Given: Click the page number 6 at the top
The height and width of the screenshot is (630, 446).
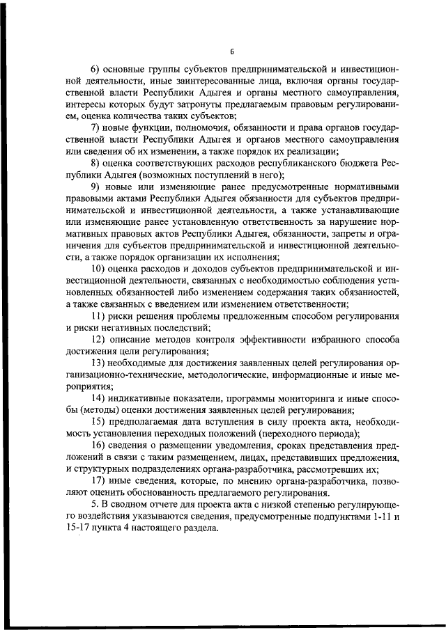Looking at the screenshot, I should (x=233, y=52).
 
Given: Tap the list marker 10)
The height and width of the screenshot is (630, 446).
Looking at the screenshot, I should (x=100, y=269).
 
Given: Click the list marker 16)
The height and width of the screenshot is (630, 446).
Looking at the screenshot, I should (x=100, y=445).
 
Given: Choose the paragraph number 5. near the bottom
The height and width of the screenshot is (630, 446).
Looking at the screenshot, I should (x=95, y=504).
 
